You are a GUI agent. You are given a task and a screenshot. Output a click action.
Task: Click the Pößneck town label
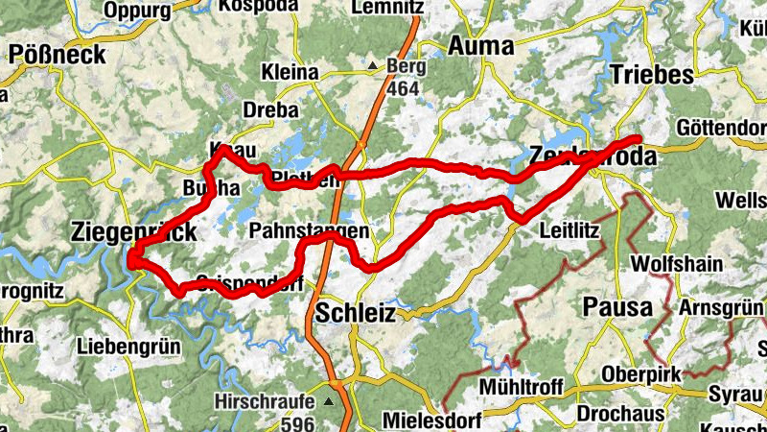[58, 54]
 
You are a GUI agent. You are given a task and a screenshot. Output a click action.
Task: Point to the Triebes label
[651, 75]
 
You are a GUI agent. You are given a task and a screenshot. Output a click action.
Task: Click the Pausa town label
[617, 308]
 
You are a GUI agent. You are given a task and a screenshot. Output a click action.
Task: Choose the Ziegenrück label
[134, 231]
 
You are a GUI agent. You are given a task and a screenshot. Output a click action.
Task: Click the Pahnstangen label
[308, 232]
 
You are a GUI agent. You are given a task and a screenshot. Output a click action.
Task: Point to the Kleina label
[290, 72]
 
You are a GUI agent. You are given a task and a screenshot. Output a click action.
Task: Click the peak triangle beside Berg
[373, 66]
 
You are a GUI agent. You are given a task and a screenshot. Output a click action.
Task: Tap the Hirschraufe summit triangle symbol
[332, 401]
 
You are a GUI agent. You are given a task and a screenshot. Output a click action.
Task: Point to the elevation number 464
[404, 89]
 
